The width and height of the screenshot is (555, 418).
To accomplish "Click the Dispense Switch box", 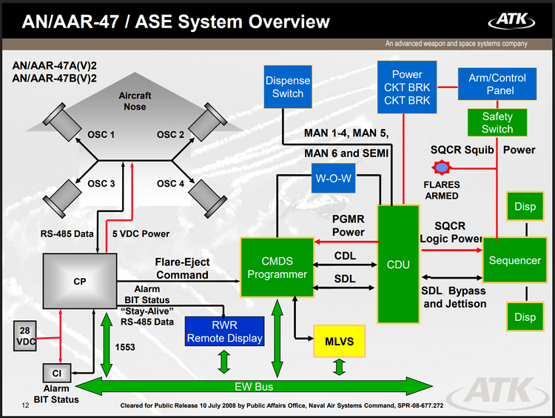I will click(288, 87).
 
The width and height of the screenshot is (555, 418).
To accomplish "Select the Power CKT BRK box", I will click(407, 86).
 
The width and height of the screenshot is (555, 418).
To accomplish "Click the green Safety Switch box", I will click(497, 122).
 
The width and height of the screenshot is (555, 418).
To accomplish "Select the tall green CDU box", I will click(398, 265).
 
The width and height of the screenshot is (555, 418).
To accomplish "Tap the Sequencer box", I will click(515, 261).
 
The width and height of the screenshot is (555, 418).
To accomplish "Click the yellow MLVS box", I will click(339, 341).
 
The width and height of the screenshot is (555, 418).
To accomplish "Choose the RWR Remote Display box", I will click(224, 331).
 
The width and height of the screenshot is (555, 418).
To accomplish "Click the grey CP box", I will click(80, 281).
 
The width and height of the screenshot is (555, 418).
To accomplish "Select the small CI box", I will click(56, 373).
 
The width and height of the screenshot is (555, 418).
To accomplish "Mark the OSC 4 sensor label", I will click(170, 183).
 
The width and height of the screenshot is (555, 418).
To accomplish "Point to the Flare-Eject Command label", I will click(182, 268).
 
